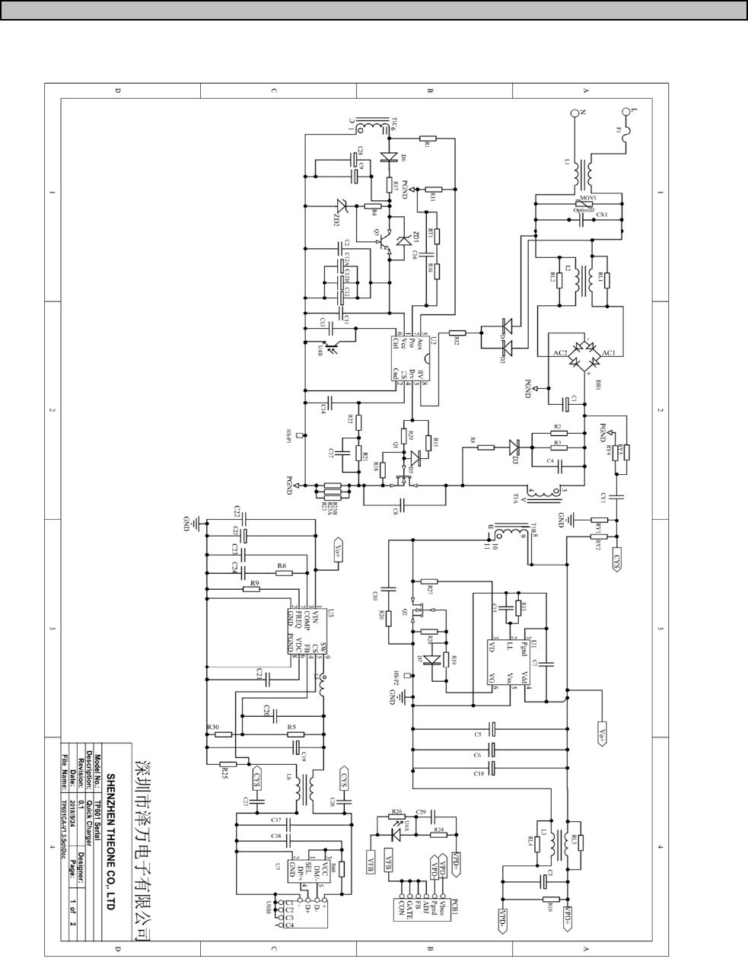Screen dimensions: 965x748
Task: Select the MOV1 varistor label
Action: pos(586,198)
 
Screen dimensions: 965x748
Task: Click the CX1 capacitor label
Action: pos(601,215)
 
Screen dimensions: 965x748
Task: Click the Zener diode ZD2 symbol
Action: pos(340,205)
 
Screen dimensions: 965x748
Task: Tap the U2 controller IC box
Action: pos(412,360)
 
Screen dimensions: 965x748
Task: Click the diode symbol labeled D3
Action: pos(514,448)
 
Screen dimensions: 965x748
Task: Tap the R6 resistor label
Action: pos(282,566)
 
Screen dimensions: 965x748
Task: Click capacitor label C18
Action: pos(478,773)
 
